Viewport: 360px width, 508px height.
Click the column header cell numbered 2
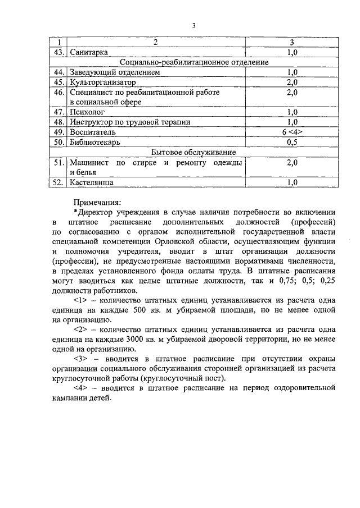(x=156, y=43)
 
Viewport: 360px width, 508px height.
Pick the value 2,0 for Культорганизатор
(x=292, y=83)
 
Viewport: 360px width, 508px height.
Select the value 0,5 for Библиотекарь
(x=292, y=142)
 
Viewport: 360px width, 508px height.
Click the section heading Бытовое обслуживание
(x=193, y=152)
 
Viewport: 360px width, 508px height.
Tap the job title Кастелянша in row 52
(x=92, y=182)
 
